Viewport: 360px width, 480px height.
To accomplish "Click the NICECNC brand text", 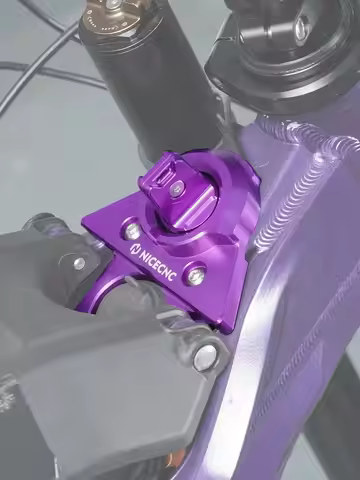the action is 155,263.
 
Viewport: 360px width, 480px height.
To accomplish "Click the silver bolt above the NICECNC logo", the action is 133,230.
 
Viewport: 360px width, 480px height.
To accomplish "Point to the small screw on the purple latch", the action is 176,190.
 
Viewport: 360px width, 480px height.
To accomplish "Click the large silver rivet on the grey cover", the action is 204,354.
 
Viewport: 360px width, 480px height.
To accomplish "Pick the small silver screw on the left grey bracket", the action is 79,263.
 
